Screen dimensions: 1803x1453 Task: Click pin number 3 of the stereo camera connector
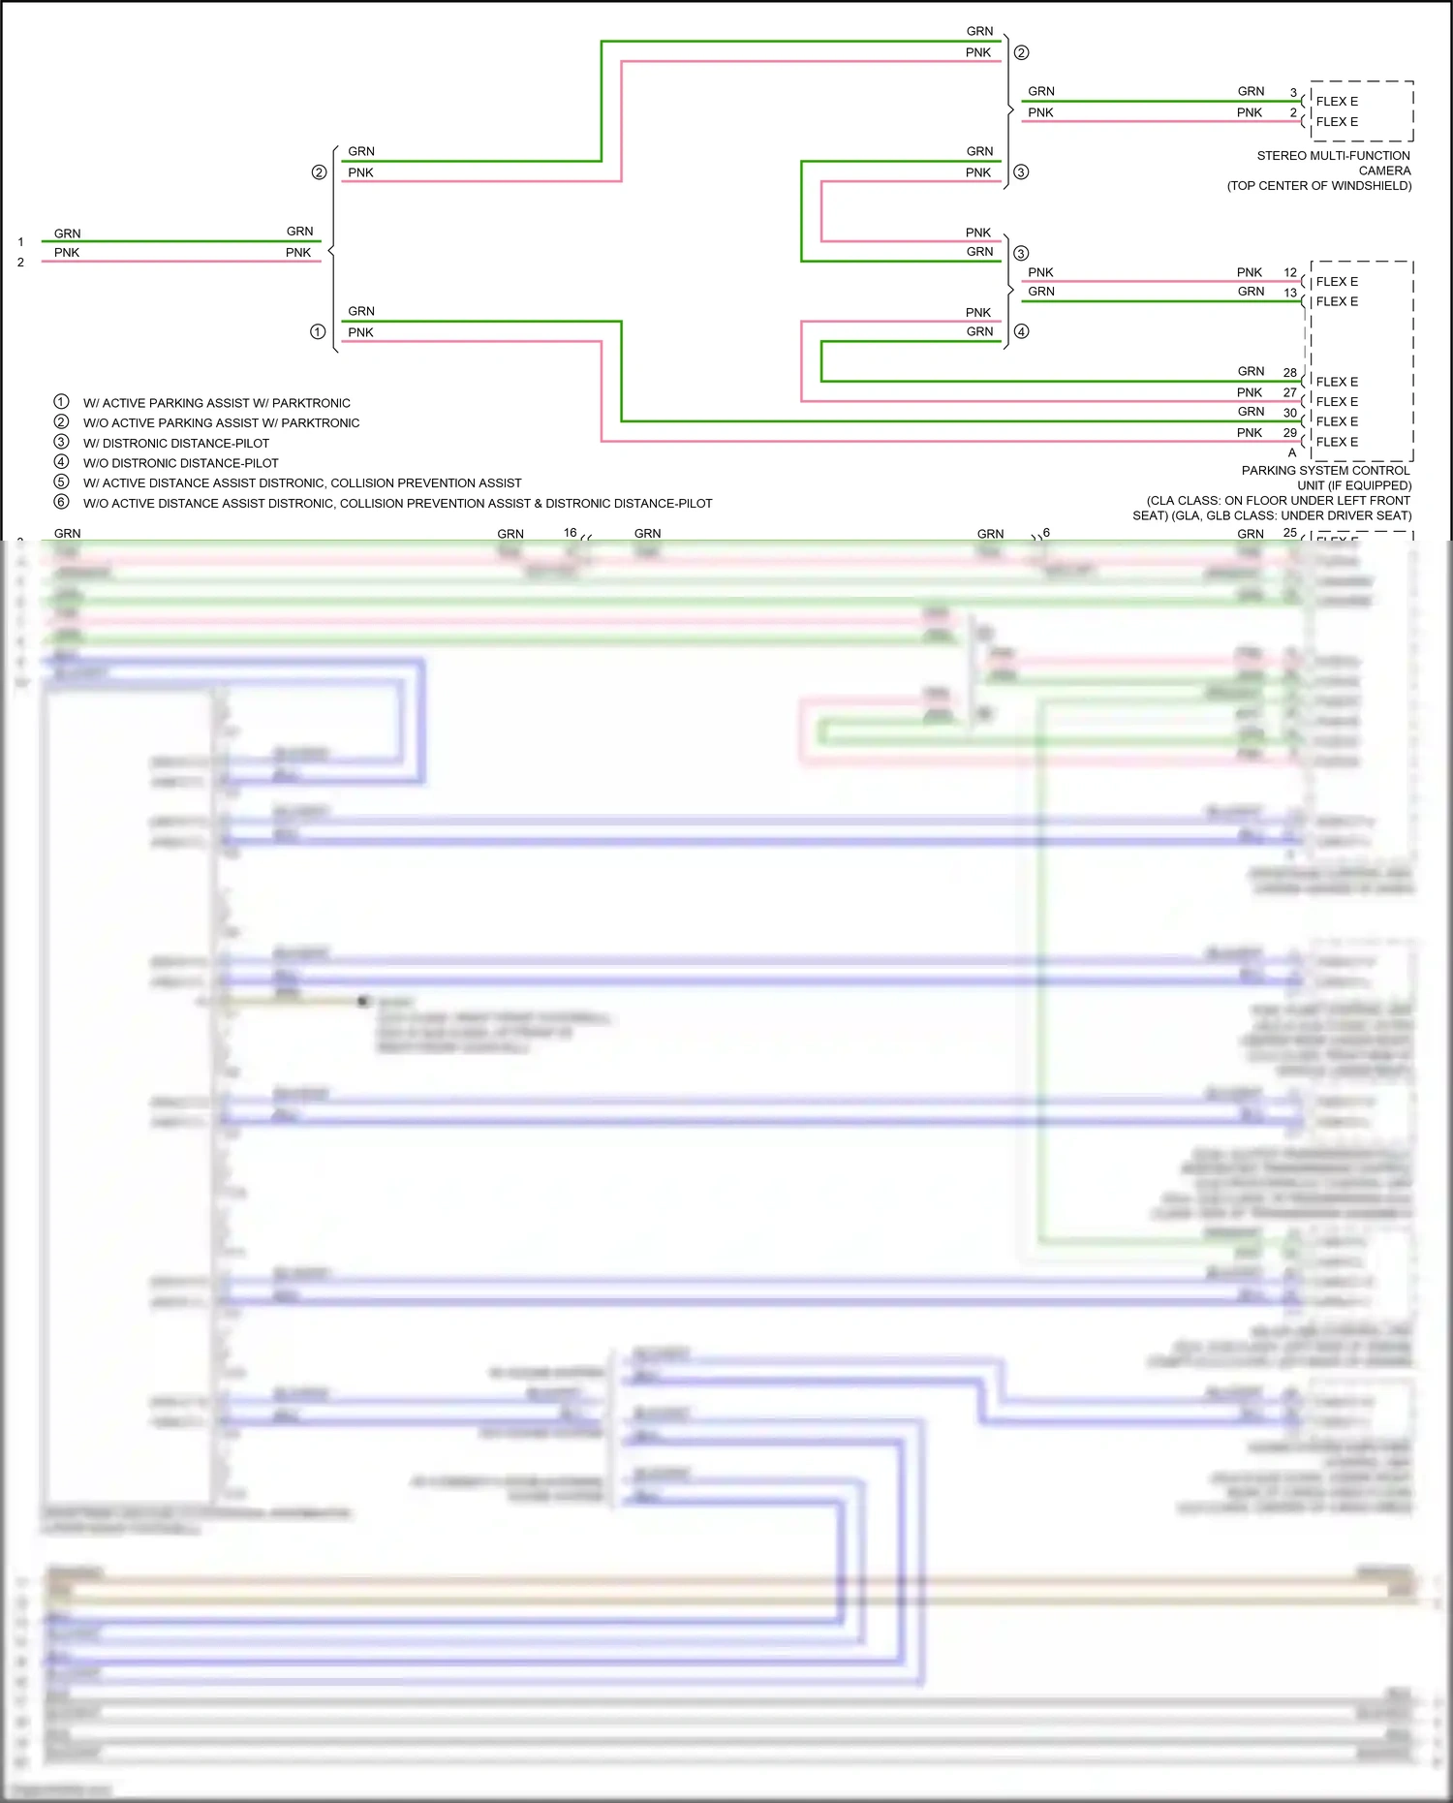click(1292, 93)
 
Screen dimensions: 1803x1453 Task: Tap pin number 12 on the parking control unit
click(1289, 273)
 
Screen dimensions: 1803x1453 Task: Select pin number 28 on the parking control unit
click(1289, 373)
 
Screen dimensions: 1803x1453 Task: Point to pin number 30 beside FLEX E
click(1289, 413)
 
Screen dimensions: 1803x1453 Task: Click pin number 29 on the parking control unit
click(1289, 433)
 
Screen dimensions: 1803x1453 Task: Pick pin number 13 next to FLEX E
click(1289, 293)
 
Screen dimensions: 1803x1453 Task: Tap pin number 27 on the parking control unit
click(1289, 393)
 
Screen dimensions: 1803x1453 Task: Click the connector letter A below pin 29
click(1291, 452)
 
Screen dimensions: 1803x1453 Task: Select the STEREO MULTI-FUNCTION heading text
click(1333, 156)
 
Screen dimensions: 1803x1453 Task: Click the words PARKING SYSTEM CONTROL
click(1325, 471)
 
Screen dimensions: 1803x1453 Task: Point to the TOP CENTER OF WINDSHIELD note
click(1318, 186)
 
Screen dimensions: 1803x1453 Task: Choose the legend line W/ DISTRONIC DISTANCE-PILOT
click(176, 444)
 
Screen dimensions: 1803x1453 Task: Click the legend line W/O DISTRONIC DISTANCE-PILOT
click(180, 464)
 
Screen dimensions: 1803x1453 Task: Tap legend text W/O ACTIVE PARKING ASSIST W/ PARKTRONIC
click(221, 423)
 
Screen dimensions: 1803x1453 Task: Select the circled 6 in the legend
click(61, 502)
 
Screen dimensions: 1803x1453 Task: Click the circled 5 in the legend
click(61, 482)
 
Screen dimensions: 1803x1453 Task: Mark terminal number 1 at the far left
click(20, 242)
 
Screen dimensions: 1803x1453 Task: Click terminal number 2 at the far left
click(20, 263)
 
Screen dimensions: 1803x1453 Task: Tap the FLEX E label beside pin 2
click(1337, 122)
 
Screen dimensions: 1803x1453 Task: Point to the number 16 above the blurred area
click(570, 533)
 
